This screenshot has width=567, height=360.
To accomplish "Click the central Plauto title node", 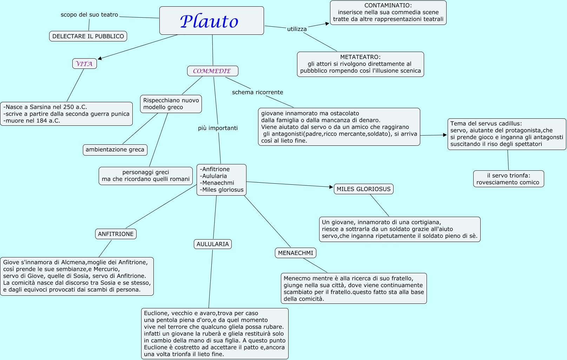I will coord(211,21).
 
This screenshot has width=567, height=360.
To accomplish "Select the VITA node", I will coord(84,64).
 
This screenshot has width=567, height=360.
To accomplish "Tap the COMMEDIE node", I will coord(212,71).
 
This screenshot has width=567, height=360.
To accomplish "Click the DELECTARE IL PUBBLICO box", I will coord(88,36).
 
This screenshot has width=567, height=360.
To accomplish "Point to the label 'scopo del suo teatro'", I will coord(89,15).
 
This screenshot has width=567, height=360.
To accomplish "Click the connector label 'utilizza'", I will coord(297,29).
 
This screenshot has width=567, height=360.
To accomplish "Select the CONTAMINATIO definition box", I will coord(388,13).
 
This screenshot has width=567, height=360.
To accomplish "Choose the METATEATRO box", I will coord(360,64).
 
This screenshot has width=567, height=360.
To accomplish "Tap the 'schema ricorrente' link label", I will coord(257,92).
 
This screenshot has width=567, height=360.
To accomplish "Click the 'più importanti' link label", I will coord(218,128).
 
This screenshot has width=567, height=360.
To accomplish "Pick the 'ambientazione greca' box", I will coord(115,150).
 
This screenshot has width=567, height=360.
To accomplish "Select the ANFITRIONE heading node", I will coord(116,234).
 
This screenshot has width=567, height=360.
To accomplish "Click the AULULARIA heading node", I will coord(212,244).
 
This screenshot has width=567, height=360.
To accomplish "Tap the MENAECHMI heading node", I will coord(295,253).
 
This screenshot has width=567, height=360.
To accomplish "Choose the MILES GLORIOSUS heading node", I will coord(363,189).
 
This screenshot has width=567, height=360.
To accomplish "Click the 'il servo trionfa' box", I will coord(508,179).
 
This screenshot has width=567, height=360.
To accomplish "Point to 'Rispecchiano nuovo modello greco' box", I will coord(171,104).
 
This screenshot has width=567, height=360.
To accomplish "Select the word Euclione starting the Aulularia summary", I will coord(156,313).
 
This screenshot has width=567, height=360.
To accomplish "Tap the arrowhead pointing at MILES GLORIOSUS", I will coord(331,187).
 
